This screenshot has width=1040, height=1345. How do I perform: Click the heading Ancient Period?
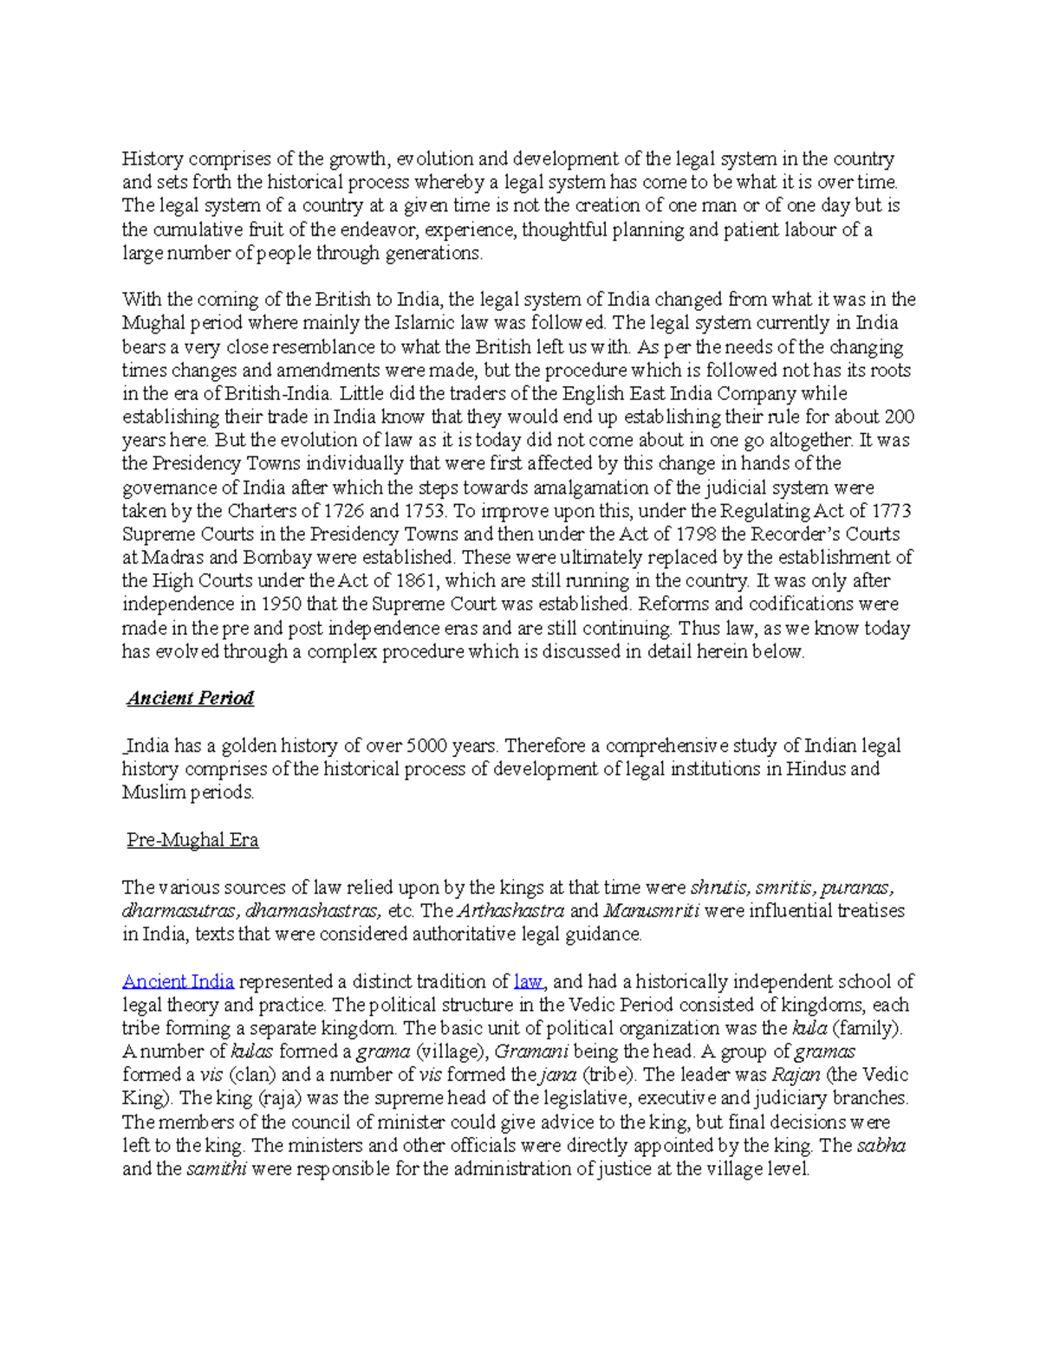[190, 698]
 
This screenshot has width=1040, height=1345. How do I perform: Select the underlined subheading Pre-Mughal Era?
[192, 840]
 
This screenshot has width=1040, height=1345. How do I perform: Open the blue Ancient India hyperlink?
[178, 981]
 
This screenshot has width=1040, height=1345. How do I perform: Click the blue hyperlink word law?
[528, 981]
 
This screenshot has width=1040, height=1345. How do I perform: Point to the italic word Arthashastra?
[510, 911]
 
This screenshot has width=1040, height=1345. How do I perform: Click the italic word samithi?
[217, 1169]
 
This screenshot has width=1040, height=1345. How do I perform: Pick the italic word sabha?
[881, 1146]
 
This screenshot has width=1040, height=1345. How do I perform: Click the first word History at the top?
[153, 158]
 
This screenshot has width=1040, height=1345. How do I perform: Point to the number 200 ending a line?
[899, 417]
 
